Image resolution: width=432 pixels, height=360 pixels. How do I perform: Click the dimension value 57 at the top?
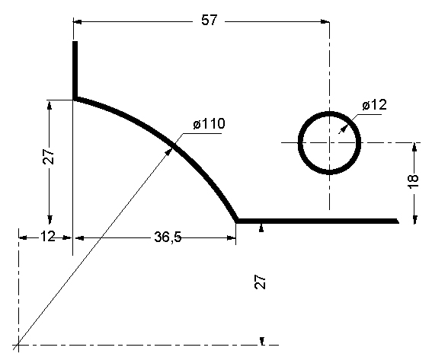[209, 21]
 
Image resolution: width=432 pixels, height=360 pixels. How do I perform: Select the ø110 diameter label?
[209, 124]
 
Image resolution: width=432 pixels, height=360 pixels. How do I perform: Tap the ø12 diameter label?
[374, 105]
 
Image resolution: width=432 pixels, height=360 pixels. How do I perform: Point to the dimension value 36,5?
[167, 237]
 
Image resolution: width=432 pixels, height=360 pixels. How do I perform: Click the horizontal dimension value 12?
[47, 237]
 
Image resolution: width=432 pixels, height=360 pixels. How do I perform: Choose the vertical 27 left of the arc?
[47, 157]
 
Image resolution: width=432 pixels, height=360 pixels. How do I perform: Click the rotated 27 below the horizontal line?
[261, 283]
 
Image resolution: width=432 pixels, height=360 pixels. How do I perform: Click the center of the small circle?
[329, 142]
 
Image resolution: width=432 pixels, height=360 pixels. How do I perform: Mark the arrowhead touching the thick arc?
[169, 148]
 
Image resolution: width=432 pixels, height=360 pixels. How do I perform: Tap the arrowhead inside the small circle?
[339, 130]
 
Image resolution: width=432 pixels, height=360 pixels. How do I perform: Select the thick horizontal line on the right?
[317, 221]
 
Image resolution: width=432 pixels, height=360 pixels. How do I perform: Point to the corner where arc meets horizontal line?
[237, 221]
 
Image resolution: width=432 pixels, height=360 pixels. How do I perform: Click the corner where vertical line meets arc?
[75, 98]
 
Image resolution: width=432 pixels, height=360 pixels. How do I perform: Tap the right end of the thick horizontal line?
[397, 221]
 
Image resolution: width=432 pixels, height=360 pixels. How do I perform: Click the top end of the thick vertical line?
[75, 43]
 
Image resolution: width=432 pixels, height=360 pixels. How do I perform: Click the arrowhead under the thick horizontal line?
[261, 228]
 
